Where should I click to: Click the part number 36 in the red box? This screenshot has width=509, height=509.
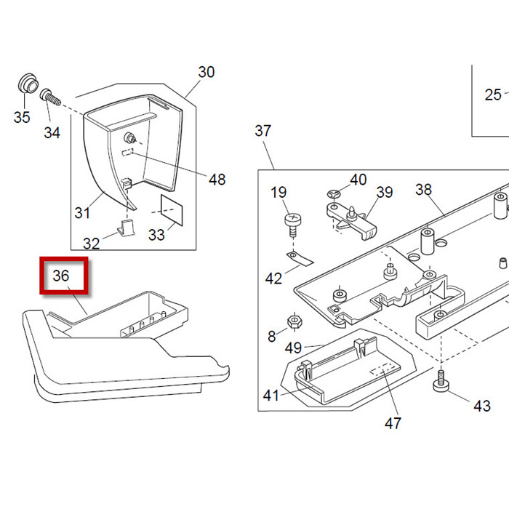61,276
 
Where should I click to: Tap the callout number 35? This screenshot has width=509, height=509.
22,117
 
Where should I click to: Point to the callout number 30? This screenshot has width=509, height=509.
207,72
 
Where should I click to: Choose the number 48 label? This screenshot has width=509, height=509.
217,180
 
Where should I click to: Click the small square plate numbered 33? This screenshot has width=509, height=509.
173,209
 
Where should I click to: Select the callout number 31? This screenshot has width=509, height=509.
82,212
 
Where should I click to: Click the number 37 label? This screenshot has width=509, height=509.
262,131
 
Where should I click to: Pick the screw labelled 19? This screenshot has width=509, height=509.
291,222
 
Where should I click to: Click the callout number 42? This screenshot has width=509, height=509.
273,278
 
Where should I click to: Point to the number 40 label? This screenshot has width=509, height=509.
358,180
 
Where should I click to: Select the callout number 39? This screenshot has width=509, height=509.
384,192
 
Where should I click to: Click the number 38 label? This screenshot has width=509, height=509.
423,190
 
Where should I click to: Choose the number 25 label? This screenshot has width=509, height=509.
494,95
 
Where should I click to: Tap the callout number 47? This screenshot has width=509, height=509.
393,422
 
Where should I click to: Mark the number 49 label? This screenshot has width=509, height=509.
293,348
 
